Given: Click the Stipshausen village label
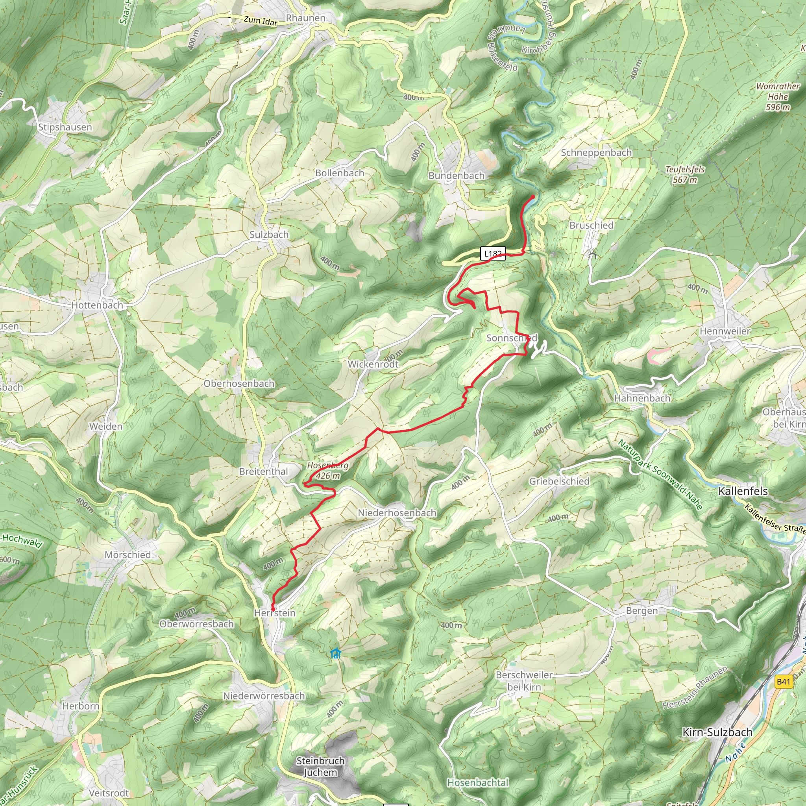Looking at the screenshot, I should click(x=65, y=127).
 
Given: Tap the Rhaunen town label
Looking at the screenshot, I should click(x=305, y=18).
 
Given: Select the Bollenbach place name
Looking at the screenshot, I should click(x=340, y=173).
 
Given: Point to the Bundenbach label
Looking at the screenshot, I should click(x=457, y=176).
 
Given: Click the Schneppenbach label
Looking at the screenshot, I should click(x=596, y=153).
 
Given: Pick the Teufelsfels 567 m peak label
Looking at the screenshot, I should click(x=685, y=174).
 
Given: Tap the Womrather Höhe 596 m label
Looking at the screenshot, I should click(x=778, y=97).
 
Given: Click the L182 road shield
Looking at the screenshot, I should click(x=493, y=253).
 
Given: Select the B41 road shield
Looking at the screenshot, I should click(x=783, y=682).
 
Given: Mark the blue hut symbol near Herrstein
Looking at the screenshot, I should click(x=335, y=653).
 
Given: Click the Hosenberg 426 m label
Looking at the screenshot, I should click(x=328, y=470).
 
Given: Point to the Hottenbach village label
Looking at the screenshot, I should click(x=97, y=305).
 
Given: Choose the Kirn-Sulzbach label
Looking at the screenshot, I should click(x=717, y=732).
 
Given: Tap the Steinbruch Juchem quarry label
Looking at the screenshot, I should click(x=320, y=766).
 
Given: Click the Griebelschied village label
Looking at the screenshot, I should click(x=559, y=481).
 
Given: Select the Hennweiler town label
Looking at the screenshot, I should click(x=725, y=331).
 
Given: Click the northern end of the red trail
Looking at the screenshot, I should click(x=533, y=196).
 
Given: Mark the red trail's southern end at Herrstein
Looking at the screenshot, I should click(x=273, y=610).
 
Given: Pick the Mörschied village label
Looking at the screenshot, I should click(x=128, y=555).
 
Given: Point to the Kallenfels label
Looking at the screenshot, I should click(x=743, y=491).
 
